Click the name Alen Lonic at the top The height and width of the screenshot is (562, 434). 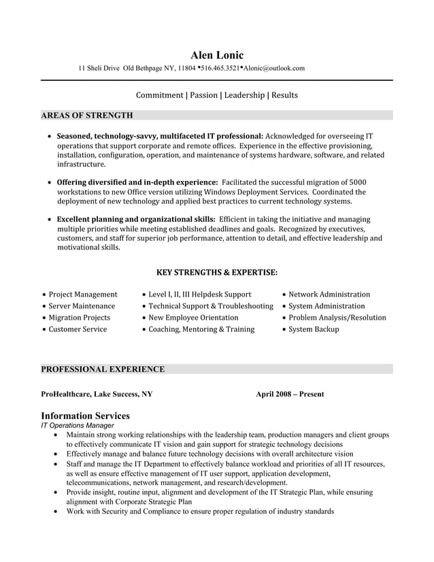click(216, 55)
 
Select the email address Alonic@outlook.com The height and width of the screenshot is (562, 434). click(274, 68)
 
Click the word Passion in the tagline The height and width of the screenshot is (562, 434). click(203, 95)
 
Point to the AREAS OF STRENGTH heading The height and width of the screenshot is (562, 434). click(86, 115)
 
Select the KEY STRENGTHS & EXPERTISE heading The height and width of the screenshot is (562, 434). click(216, 272)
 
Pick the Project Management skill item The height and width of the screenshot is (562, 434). click(82, 295)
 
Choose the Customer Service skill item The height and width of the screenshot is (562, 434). click(78, 329)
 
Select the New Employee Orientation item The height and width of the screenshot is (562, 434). click(193, 318)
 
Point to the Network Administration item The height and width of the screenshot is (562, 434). click(329, 295)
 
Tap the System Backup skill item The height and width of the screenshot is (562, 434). click(313, 329)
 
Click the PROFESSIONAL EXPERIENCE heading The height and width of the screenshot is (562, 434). click(103, 369)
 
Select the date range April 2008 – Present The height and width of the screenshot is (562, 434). click(290, 394)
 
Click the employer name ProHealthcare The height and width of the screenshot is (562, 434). click(65, 394)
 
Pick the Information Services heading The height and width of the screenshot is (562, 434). click(85, 416)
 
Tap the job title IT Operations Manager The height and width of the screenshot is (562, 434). click(78, 425)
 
